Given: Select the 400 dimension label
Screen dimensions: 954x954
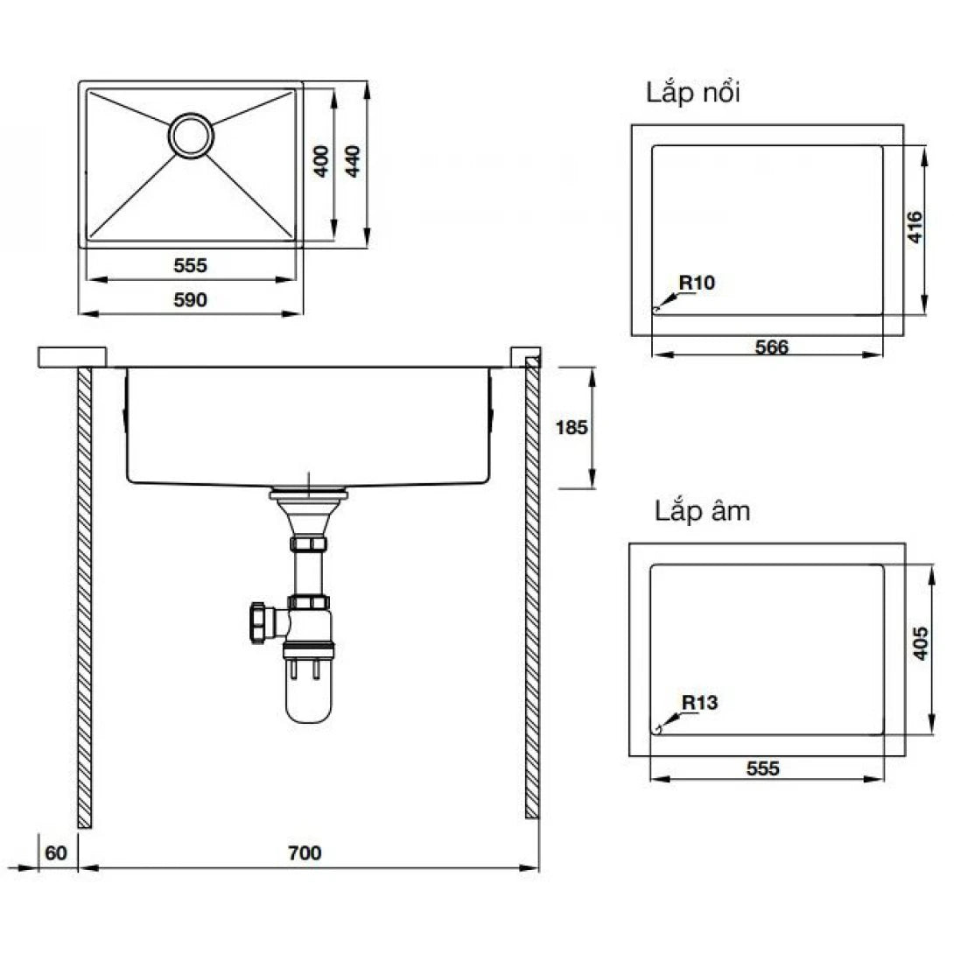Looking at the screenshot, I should (321, 162).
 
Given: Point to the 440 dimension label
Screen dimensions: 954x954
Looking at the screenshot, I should (353, 162).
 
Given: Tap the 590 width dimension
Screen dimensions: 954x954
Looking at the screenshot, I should (190, 300).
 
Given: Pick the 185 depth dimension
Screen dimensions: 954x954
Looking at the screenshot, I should (572, 428).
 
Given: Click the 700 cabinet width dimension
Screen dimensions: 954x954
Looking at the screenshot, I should (306, 852).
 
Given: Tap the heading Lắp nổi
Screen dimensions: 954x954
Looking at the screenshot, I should (692, 94).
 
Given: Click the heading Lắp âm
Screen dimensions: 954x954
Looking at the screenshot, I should (702, 511).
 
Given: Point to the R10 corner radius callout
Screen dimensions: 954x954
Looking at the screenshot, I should (698, 283).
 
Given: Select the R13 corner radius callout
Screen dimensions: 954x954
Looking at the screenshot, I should (699, 702).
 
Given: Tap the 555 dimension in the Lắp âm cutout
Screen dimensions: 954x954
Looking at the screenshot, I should (763, 768).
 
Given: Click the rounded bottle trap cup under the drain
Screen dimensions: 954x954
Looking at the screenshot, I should (307, 695).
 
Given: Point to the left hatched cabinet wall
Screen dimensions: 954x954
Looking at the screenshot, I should (84, 595).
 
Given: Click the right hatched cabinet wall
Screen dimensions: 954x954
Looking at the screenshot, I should (532, 595).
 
